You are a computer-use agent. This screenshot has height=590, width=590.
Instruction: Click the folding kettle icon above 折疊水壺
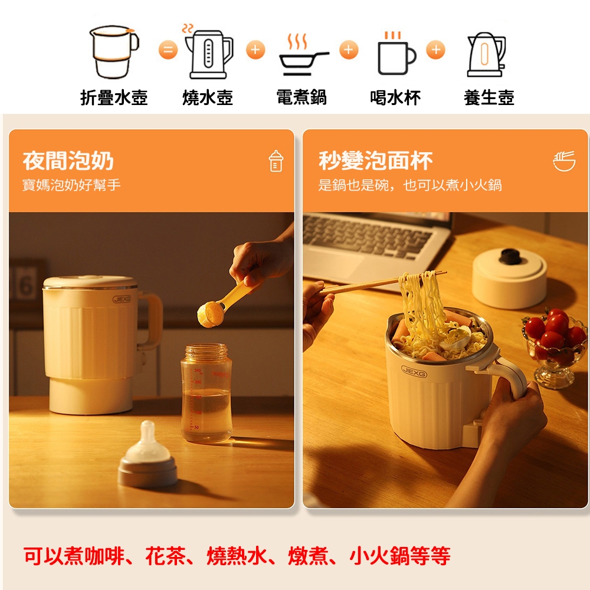coord(114,52)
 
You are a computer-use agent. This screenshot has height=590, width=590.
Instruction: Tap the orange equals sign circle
coord(168,50)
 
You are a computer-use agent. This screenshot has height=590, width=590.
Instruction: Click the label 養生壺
coord(489,97)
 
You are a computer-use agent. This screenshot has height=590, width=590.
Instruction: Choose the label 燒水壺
coord(207,97)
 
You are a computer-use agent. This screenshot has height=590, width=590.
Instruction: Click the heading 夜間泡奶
coord(68,160)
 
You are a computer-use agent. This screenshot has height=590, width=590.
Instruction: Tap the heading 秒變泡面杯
coord(375,160)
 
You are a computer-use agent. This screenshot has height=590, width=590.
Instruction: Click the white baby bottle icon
coord(276,161)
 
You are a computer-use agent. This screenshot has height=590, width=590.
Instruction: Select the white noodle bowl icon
coord(564,161)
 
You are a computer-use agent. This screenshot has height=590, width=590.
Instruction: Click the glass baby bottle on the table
coord(206,393)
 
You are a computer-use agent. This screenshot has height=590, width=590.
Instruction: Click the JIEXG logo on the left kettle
coord(122,299)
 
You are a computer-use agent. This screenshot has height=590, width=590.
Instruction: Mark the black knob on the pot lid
coord(510,256)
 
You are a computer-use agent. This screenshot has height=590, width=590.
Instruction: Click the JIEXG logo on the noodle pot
coord(414,371)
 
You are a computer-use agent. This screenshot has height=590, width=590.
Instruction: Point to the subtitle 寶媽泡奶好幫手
coord(71,185)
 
